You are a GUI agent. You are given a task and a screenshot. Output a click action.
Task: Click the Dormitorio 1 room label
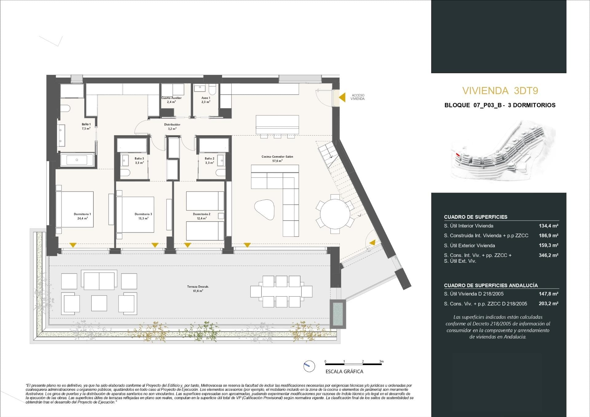coord(82,214)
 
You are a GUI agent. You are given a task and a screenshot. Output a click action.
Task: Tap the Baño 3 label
coord(139,159)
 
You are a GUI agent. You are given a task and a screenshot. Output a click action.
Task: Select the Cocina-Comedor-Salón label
coord(277,157)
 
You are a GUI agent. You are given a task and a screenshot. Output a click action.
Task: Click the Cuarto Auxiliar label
coord(171,98)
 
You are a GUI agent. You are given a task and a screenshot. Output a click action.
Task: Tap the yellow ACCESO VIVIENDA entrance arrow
coord(342,97)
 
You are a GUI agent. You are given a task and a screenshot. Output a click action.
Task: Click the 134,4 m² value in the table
coord(549,226)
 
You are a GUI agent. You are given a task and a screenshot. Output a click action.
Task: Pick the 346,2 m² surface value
coord(549,255)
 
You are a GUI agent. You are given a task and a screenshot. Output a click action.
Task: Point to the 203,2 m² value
coord(549,304)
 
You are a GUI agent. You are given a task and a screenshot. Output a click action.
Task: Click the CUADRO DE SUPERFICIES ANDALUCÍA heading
coord(491,285)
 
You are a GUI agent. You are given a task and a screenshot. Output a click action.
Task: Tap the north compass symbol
coord(309,366)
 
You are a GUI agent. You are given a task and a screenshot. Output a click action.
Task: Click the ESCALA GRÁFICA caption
coord(344,372)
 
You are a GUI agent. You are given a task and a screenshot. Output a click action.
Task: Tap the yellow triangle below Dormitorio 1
coord(73,245)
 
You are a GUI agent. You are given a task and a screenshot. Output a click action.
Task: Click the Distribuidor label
coord(172,125)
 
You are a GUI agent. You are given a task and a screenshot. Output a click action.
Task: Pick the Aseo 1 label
coord(206,98)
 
